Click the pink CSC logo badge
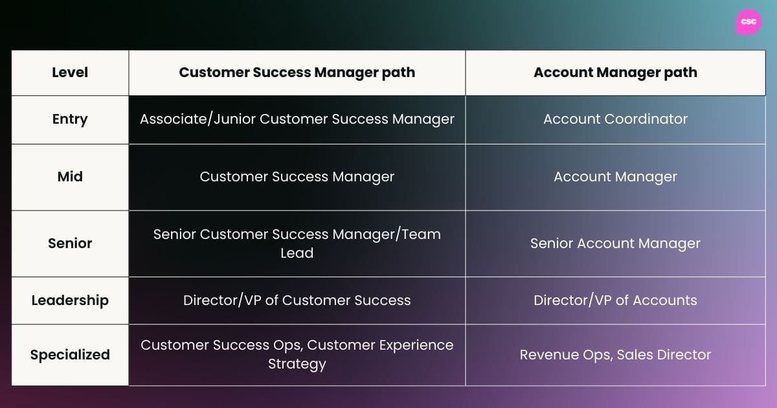pyautogui.click(x=749, y=22)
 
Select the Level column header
pyautogui.click(x=70, y=73)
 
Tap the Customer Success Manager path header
pyautogui.click(x=297, y=73)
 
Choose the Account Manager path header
pyautogui.click(x=615, y=73)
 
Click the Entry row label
pyautogui.click(x=70, y=119)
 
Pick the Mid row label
pyautogui.click(x=70, y=177)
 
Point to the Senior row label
pyautogui.click(x=70, y=244)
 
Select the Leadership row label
pyautogui.click(x=70, y=300)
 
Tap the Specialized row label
pyautogui.click(x=70, y=355)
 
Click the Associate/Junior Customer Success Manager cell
pyautogui.click(x=297, y=119)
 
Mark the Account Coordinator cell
pyautogui.click(x=615, y=119)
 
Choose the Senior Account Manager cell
pyautogui.click(x=615, y=244)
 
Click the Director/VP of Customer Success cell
pyautogui.click(x=297, y=300)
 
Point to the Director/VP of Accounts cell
pyautogui.click(x=615, y=300)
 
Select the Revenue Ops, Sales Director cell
pyautogui.click(x=615, y=355)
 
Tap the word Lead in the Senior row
pyautogui.click(x=297, y=253)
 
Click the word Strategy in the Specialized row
pyautogui.click(x=297, y=365)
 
